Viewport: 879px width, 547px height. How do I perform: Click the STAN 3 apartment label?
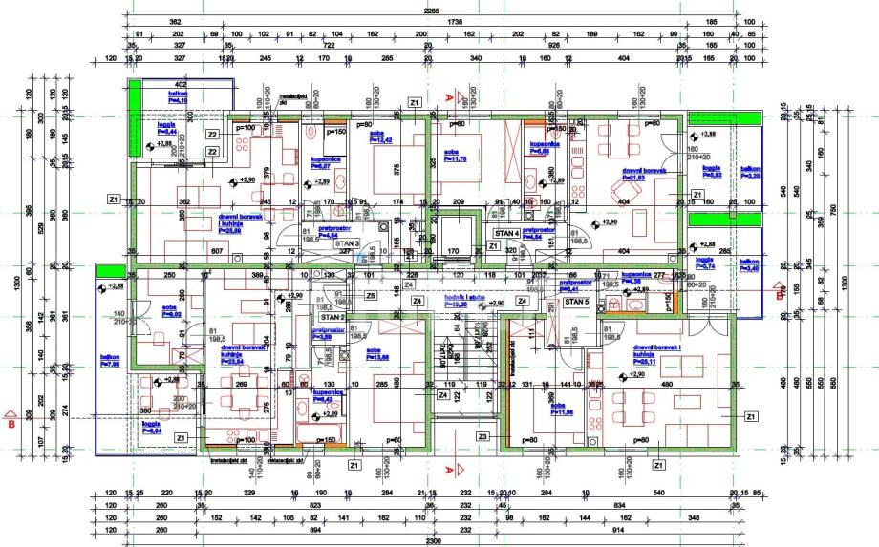[x=346, y=243]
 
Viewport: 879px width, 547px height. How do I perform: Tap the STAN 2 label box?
[x=332, y=316]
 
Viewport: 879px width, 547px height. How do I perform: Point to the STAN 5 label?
[x=576, y=302]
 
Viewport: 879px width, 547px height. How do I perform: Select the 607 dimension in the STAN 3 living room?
[x=217, y=250]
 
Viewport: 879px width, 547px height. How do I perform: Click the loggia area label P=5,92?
[x=712, y=175]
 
